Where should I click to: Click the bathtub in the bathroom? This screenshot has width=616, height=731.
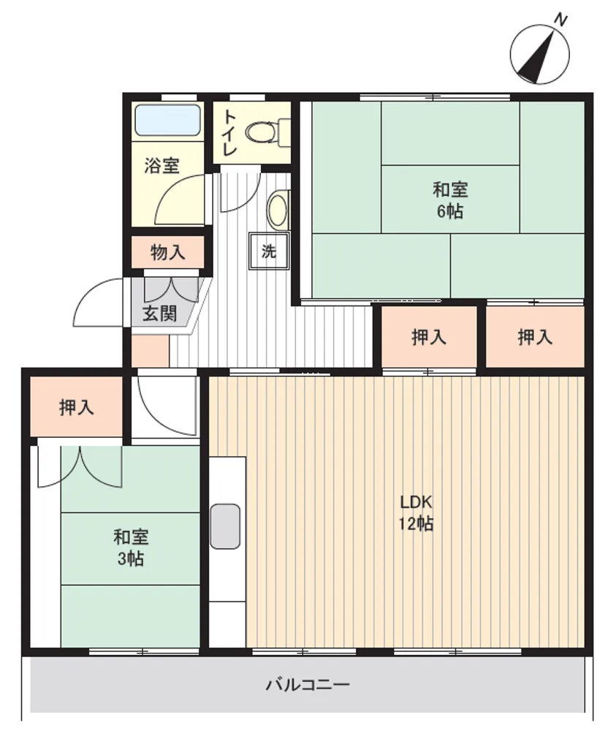click(x=167, y=121)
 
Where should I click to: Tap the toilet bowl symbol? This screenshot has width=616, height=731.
click(x=266, y=132)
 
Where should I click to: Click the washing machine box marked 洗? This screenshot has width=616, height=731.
click(x=269, y=251)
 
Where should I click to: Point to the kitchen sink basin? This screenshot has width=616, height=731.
click(x=225, y=526)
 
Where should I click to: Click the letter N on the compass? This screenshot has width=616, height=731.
click(x=561, y=20)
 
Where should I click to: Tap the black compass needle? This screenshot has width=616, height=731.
click(x=536, y=57)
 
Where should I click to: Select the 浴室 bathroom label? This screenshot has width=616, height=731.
click(x=161, y=165)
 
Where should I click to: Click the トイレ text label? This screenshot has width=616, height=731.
click(x=230, y=133)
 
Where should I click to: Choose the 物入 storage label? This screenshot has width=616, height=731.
click(x=168, y=252)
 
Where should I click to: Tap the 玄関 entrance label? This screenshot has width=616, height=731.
click(x=159, y=314)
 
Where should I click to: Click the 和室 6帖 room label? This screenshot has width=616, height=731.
click(x=450, y=200)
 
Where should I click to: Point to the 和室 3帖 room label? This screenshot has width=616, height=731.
click(x=131, y=548)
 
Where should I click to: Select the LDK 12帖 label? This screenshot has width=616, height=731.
click(x=416, y=513)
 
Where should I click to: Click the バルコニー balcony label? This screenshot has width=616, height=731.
click(x=307, y=685)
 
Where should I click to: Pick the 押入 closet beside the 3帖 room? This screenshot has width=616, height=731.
click(x=77, y=407)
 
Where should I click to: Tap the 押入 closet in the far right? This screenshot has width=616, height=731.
click(x=535, y=336)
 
